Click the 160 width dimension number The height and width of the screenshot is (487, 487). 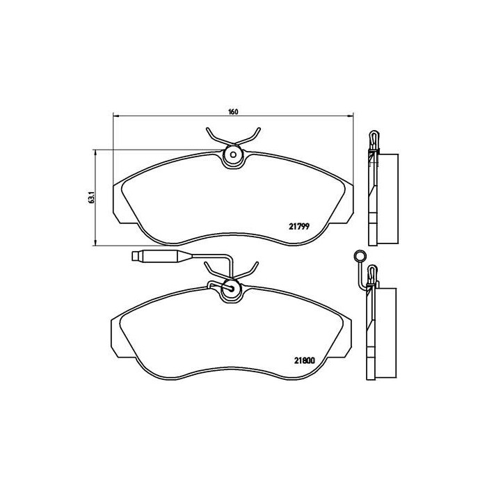(x=233, y=112)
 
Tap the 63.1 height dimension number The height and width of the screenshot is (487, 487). (x=90, y=197)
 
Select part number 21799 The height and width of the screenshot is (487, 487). (x=298, y=225)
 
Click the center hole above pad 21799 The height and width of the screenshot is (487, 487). (x=233, y=155)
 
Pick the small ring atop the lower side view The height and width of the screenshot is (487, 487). (x=360, y=256)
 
